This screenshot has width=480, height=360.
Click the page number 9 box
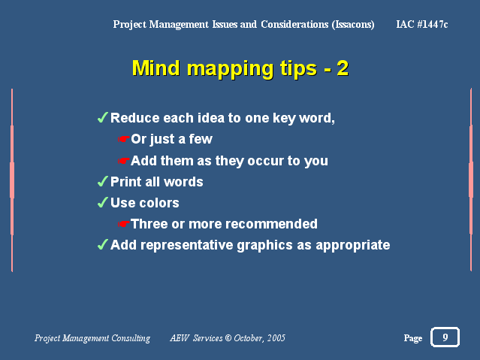[x=445, y=337]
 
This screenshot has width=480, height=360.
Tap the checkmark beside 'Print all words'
[x=103, y=181]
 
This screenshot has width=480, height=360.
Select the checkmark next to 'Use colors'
[x=103, y=202]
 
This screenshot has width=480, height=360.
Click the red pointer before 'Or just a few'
[x=124, y=139]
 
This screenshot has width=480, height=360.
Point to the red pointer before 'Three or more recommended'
[x=124, y=224]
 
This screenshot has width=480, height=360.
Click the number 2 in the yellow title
[x=343, y=68]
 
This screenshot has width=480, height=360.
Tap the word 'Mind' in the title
[x=155, y=68]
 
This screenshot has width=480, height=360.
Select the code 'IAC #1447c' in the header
[x=422, y=24]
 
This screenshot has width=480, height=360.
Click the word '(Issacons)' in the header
[x=353, y=25]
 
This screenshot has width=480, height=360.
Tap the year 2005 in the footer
[x=276, y=338]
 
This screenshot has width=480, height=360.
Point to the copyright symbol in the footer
[x=228, y=338]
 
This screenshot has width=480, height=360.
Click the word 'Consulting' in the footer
[x=131, y=338]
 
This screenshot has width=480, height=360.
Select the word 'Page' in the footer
[x=413, y=338]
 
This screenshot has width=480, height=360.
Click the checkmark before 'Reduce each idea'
[x=103, y=118]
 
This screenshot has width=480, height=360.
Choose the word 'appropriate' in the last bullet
[x=352, y=246]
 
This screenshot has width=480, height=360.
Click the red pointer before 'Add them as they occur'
[x=124, y=161]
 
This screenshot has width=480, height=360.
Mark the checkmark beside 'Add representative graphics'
[x=103, y=245]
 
